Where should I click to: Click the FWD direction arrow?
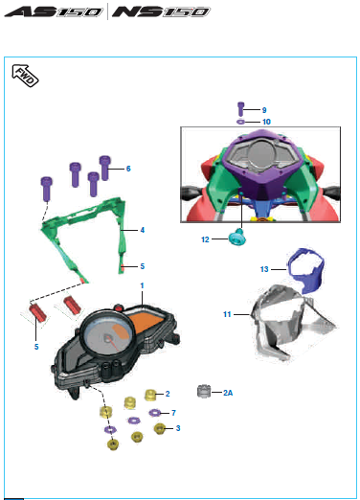pos(25,76)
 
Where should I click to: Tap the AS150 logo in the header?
pos(54,11)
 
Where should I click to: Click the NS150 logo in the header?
pos(161,11)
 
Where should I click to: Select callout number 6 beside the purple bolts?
pos(128,169)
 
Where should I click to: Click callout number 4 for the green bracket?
pos(143,230)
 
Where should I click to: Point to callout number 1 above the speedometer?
pos(143,285)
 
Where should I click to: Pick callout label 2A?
pos(228,393)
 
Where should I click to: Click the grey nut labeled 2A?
pos(204,392)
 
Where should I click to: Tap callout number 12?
pos(205,239)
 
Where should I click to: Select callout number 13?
pos(264,269)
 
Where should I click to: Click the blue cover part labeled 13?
pos(305,270)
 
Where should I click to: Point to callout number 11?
pos(227,314)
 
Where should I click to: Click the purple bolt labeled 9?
pos(240,109)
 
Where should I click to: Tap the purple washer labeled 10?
pos(240,122)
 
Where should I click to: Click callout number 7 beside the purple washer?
pos(173,413)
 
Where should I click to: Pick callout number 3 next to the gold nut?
pos(178,428)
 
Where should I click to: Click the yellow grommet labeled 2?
pos(150,395)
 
